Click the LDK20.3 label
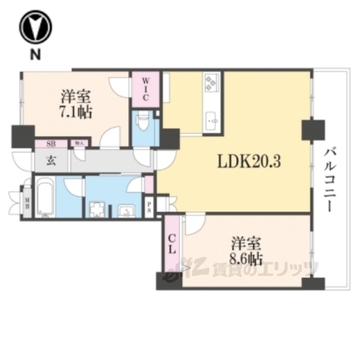(x=248, y=161)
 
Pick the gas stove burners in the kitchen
(x=209, y=81)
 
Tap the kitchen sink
(x=210, y=118)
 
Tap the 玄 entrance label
(x=46, y=159)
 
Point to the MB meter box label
(x=27, y=200)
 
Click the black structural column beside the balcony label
(x=310, y=130)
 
